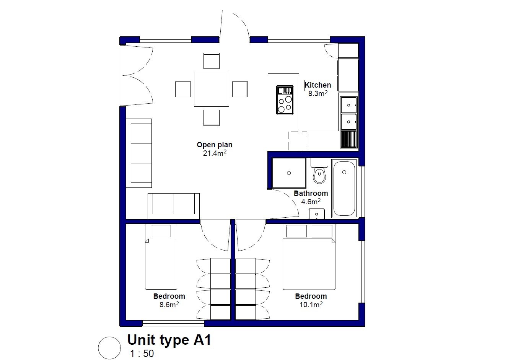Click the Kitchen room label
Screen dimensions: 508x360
pos(318,85)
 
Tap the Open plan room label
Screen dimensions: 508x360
pos(215,145)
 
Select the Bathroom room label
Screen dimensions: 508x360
pos(311,193)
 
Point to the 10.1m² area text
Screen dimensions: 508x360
pos(311,305)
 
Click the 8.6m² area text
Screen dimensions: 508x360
pos(169,305)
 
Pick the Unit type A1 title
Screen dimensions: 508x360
pos(169,340)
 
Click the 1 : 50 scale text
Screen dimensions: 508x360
pos(142,353)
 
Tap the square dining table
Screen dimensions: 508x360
pos(212,89)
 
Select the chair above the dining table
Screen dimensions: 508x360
pos(212,61)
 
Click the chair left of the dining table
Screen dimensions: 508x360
pos(183,90)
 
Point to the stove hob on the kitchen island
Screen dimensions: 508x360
pos(285,100)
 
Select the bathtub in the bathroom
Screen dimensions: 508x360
pos(344,188)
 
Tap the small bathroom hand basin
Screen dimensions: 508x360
pos(317,214)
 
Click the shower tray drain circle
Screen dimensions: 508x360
pos(289,173)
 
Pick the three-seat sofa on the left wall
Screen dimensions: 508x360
pos(139,153)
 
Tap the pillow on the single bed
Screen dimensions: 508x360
pos(161,231)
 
